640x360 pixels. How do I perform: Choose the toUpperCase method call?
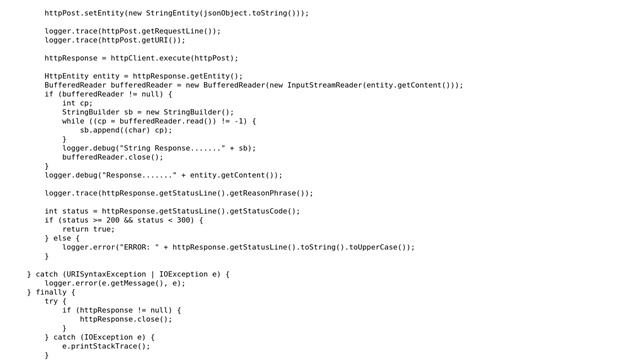(x=375, y=247)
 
